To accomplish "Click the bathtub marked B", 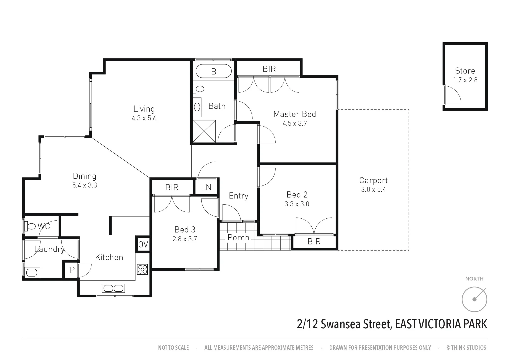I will pyautogui.click(x=213, y=71).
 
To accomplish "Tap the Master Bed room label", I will pyautogui.click(x=294, y=114).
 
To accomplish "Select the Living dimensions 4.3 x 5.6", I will pyautogui.click(x=144, y=118).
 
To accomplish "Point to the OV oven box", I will pyautogui.click(x=143, y=244).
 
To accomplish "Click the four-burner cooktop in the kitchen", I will pyautogui.click(x=142, y=269).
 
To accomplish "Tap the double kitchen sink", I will pyautogui.click(x=113, y=288).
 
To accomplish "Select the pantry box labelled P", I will pyautogui.click(x=72, y=270).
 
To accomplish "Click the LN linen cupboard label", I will pyautogui.click(x=206, y=187).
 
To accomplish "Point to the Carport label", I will pyautogui.click(x=373, y=180).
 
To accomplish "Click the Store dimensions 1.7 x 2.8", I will pyautogui.click(x=465, y=80).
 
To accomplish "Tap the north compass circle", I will pyautogui.click(x=474, y=299).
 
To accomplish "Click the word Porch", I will pyautogui.click(x=238, y=238).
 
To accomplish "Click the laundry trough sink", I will pyautogui.click(x=32, y=272).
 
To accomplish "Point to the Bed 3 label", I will pyautogui.click(x=185, y=229).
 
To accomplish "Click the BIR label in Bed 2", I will pyautogui.click(x=314, y=242).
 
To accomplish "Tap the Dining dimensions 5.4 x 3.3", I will pyautogui.click(x=85, y=185).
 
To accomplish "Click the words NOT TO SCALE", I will pyautogui.click(x=173, y=348).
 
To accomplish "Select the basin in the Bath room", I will pyautogui.click(x=197, y=107).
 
